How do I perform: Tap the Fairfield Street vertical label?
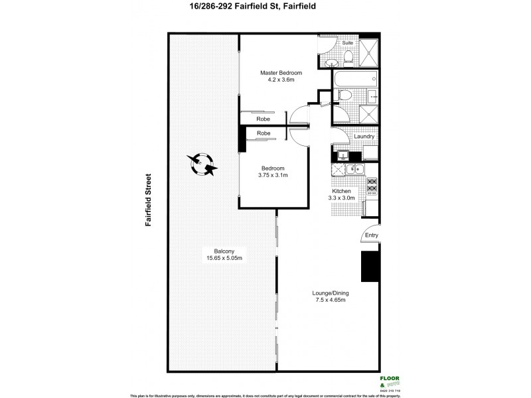(149, 200)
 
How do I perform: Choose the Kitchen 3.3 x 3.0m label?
(344, 194)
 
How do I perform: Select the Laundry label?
(364, 137)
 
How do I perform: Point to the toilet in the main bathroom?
(343, 96)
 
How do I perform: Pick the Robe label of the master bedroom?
(264, 119)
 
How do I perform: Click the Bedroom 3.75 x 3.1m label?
(273, 172)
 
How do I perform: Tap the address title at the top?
(265, 9)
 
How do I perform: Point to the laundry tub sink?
(342, 156)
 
